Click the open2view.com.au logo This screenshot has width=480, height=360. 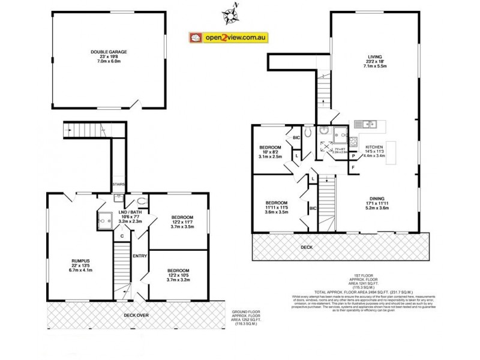(229, 38)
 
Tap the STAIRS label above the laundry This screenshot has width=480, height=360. (118, 184)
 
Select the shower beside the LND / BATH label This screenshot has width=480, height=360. (106, 220)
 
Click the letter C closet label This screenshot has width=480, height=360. (121, 236)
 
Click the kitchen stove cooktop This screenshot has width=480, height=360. (354, 143)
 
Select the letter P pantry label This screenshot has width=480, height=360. (353, 155)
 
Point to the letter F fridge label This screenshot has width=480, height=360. (353, 166)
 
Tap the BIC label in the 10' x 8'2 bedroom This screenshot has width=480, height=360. (296, 137)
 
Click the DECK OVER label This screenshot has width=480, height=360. (136, 314)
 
